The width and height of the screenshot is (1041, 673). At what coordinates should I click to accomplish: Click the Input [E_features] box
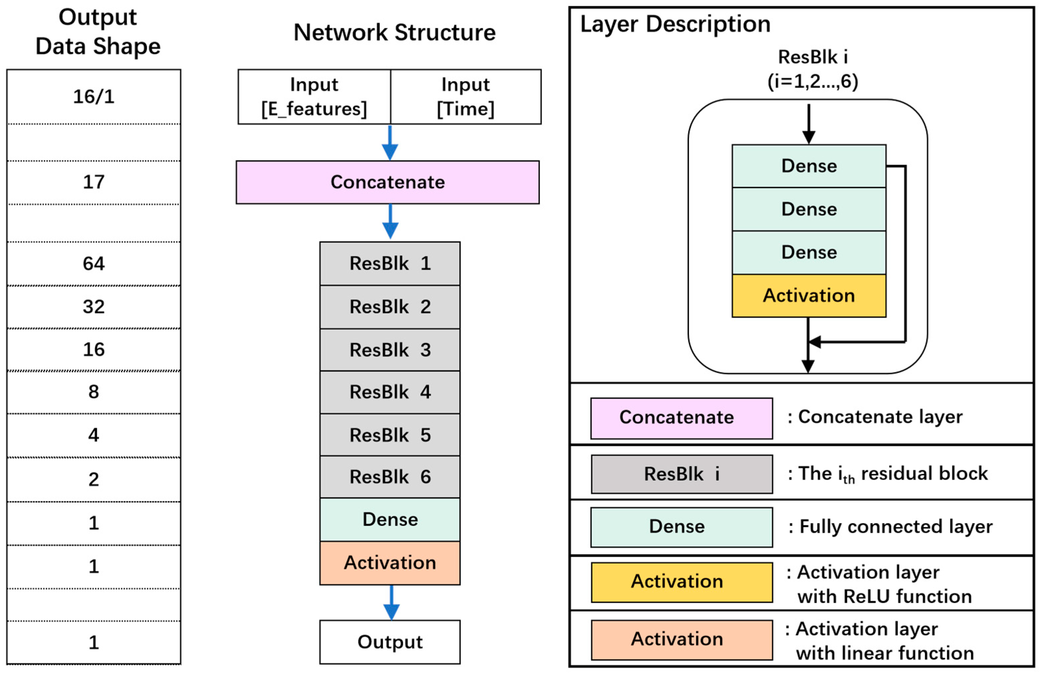click(314, 97)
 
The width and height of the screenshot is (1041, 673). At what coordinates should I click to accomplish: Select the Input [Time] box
click(466, 97)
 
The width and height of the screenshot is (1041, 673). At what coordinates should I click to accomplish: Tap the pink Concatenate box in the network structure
click(388, 182)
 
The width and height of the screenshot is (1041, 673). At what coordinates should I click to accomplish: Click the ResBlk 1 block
click(390, 263)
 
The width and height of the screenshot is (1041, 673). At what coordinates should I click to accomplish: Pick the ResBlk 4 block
click(390, 392)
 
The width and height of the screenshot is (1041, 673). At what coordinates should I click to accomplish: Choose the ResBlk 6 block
click(390, 477)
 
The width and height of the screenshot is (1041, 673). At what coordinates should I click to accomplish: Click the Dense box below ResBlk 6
click(390, 520)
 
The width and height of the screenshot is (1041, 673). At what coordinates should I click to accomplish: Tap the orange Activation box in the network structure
click(390, 563)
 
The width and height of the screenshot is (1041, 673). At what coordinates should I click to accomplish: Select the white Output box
click(390, 642)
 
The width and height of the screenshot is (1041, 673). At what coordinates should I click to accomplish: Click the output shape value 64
click(94, 263)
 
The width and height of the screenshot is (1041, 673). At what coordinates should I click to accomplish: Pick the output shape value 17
click(94, 182)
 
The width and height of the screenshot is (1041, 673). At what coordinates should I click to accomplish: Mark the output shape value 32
click(94, 307)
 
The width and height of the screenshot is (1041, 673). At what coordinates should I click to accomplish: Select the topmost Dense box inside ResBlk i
click(809, 166)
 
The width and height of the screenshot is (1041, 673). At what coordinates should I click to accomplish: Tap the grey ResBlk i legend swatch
click(682, 474)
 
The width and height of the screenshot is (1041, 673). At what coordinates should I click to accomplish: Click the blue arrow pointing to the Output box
click(391, 603)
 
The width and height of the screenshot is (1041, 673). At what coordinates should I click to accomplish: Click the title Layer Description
click(675, 24)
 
